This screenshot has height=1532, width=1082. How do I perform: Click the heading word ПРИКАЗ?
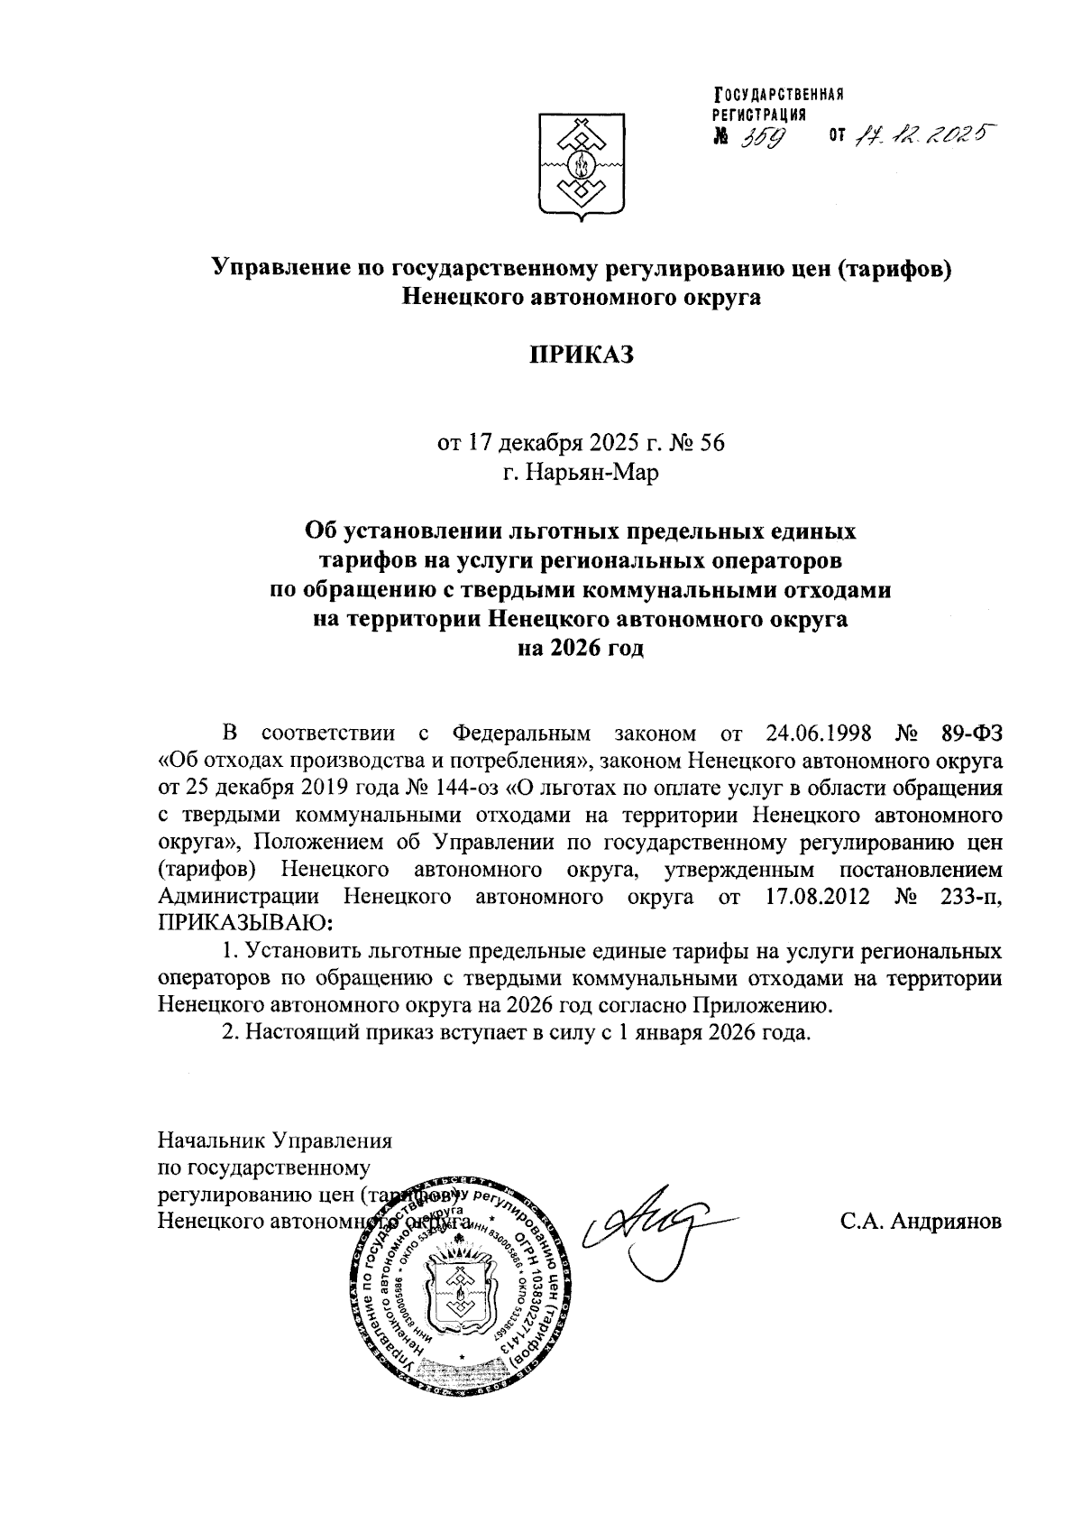coord(582,355)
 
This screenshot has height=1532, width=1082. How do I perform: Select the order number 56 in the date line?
coord(711,443)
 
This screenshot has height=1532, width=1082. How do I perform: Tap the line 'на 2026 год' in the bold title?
coord(581,649)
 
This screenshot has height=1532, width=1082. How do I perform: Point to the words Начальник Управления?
coord(275,1140)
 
